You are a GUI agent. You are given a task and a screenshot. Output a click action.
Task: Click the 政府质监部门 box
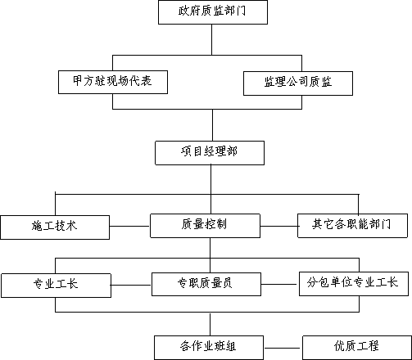click(x=213, y=12)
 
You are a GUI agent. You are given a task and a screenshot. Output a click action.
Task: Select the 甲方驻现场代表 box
click(x=113, y=82)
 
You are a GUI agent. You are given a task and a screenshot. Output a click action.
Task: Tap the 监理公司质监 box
click(x=298, y=83)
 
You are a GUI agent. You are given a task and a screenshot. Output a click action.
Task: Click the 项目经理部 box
click(x=210, y=153)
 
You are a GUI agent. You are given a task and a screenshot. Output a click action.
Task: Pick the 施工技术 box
click(x=55, y=227)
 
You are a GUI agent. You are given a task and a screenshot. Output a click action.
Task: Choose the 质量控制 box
click(x=205, y=226)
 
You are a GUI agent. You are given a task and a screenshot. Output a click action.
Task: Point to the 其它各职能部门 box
click(x=352, y=226)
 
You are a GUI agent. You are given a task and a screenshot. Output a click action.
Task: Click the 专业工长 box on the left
click(x=56, y=286)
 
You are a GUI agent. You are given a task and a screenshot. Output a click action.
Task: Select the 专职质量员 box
click(x=206, y=284)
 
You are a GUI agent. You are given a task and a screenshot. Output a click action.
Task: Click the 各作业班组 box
click(x=209, y=348)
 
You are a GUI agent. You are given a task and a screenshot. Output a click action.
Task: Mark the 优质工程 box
click(x=357, y=348)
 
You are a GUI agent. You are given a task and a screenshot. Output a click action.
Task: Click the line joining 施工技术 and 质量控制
click(x=130, y=226)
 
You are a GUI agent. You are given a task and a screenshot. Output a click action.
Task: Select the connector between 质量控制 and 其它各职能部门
click(x=278, y=226)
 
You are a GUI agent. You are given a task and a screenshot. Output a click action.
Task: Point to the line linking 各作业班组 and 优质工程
click(x=283, y=348)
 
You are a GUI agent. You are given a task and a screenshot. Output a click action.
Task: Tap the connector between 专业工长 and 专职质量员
click(x=131, y=286)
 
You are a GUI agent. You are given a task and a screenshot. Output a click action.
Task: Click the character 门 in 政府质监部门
click(x=241, y=11)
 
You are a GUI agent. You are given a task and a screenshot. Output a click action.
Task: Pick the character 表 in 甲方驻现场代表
click(x=147, y=81)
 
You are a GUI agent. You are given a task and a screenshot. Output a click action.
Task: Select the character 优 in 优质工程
click(x=339, y=346)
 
